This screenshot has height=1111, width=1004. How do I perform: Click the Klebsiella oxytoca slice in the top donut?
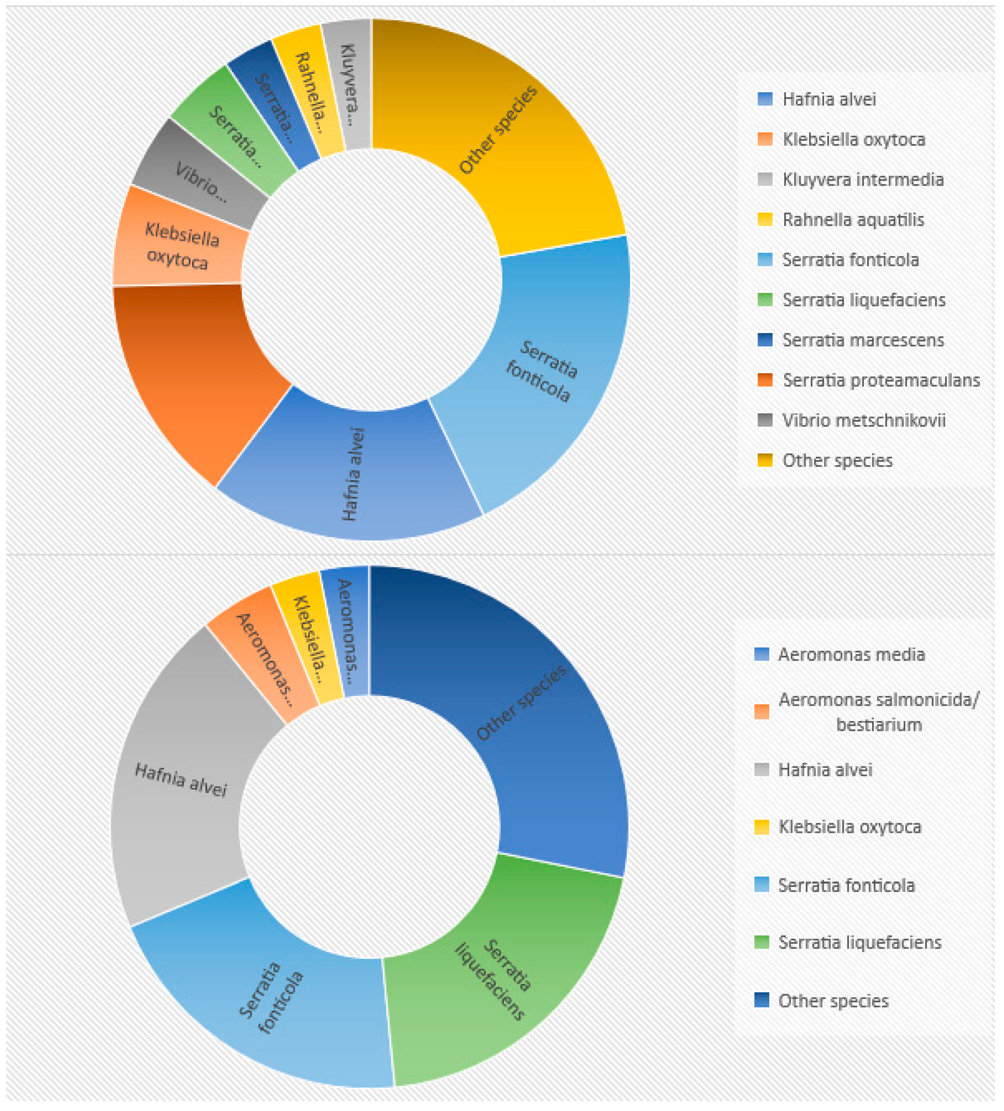coord(179,245)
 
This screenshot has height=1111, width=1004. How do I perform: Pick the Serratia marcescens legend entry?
coord(863,340)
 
